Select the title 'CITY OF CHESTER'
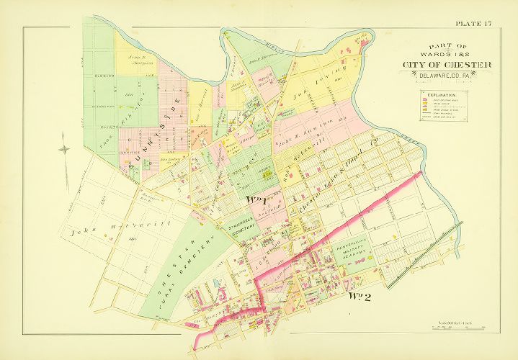pyautogui.click(x=447, y=66)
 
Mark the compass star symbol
pyautogui.click(x=65, y=150)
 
